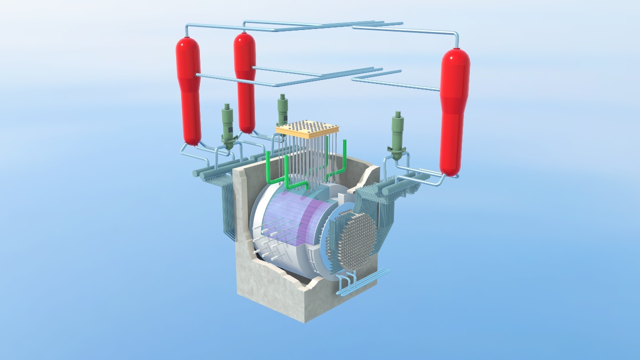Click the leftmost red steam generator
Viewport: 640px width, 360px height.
pos(188,90)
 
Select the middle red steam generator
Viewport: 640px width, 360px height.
pos(245,82)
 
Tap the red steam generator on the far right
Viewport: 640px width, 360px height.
pos(454,112)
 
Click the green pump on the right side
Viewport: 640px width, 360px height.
pos(397,135)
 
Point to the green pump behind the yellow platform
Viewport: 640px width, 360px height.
pos(283,107)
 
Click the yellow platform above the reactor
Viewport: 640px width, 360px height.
pos(307,129)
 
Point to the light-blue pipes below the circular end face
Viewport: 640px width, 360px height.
pos(360,282)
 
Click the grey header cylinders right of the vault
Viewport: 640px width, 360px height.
pos(400,185)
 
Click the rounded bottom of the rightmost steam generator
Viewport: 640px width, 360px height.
pos(449,170)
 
